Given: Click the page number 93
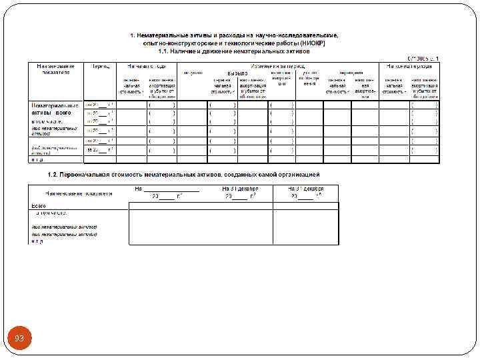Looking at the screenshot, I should coord(19,339).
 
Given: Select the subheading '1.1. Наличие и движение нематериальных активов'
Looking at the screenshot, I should coord(233,50).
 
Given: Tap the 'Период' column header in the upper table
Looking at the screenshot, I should coord(101,67).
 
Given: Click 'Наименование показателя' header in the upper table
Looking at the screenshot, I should coord(55,69).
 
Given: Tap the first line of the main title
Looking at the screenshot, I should coord(233,34).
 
